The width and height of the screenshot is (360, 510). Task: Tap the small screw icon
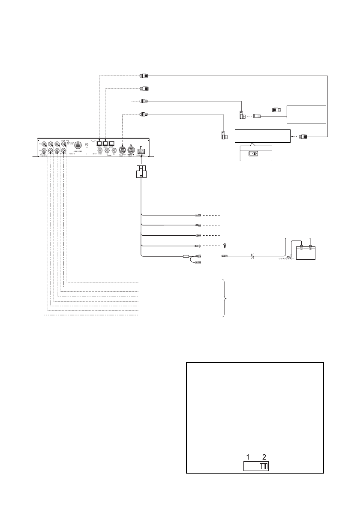(225, 246)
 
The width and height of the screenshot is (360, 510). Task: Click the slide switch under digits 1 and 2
(256, 466)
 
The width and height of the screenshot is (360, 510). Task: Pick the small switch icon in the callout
(255, 153)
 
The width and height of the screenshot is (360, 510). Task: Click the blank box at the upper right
(306, 114)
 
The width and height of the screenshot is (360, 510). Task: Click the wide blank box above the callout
(262, 137)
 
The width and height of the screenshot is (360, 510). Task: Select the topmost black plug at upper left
(144, 76)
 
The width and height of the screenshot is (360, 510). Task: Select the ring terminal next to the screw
(198, 246)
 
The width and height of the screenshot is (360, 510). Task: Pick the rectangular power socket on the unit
(141, 150)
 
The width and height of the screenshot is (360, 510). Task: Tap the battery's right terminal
(310, 247)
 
